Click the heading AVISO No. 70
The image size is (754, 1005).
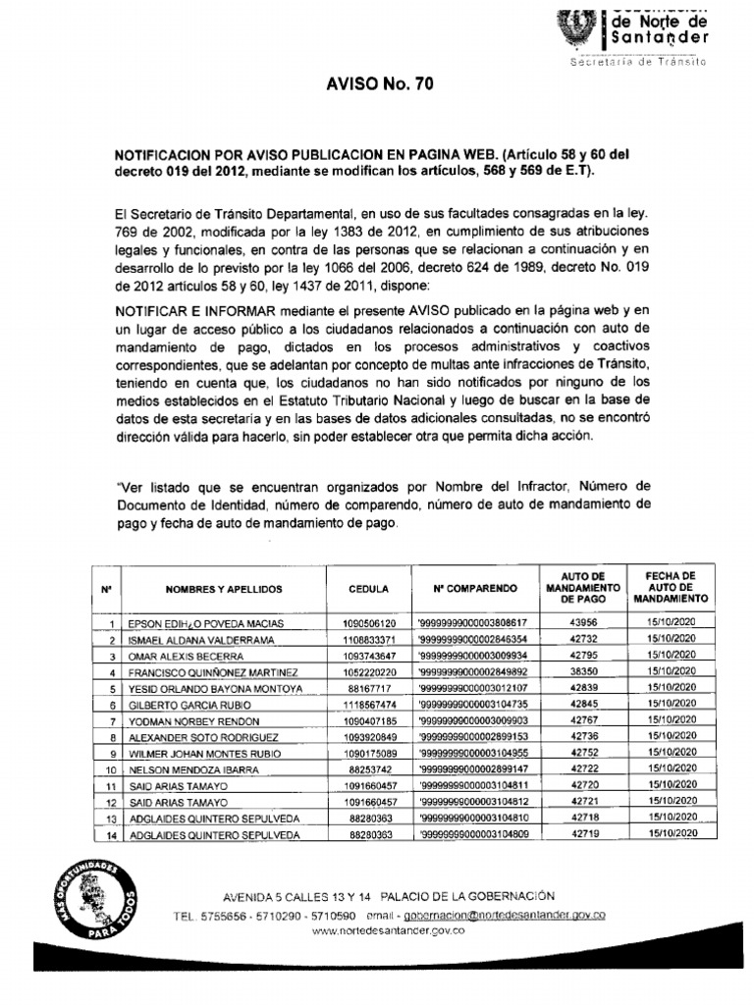(x=378, y=85)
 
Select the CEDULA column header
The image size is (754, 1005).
(x=369, y=588)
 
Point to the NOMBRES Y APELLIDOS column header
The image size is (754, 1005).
(x=224, y=588)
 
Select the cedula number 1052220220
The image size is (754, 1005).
(x=369, y=672)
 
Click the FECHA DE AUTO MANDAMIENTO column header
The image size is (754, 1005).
(x=671, y=586)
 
